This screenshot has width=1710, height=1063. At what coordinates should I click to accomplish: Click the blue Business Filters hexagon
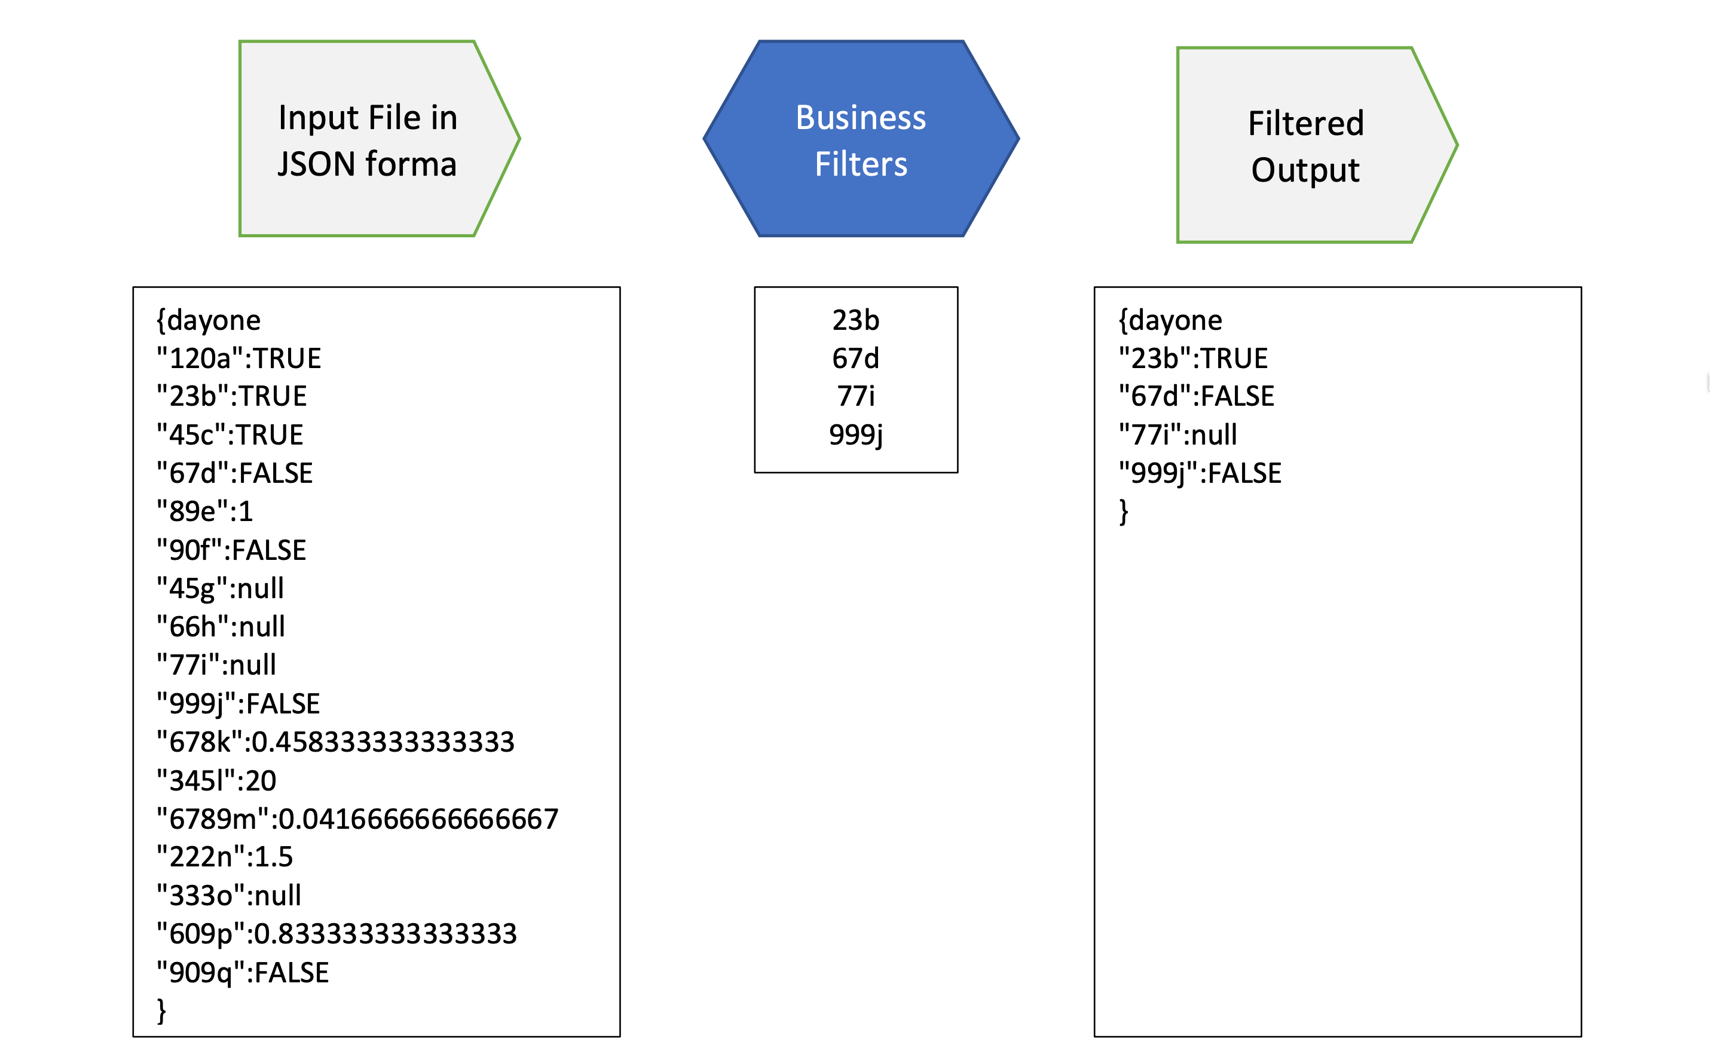pyautogui.click(x=861, y=139)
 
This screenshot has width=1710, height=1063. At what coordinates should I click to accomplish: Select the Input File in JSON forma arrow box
pyautogui.click(x=367, y=139)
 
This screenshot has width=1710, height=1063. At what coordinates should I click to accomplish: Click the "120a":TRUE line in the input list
pyautogui.click(x=238, y=359)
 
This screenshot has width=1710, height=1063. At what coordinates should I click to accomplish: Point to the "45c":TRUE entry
pyautogui.click(x=230, y=435)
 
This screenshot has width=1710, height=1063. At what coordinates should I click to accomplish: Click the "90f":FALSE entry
pyautogui.click(x=231, y=550)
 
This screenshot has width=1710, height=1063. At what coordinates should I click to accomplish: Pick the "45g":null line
pyautogui.click(x=220, y=589)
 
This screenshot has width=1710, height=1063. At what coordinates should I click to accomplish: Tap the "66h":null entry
pyautogui.click(x=221, y=626)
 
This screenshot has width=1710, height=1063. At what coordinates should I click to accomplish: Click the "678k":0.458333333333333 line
pyautogui.click(x=335, y=742)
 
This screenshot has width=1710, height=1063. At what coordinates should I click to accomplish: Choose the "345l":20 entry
pyautogui.click(x=216, y=781)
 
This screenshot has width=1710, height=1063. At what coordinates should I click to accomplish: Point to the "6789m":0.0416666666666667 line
pyautogui.click(x=357, y=819)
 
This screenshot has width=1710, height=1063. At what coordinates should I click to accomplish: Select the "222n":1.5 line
pyautogui.click(x=224, y=857)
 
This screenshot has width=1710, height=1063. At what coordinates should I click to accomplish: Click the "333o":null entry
pyautogui.click(x=228, y=896)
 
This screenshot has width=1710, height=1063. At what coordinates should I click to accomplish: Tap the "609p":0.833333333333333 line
pyautogui.click(x=337, y=934)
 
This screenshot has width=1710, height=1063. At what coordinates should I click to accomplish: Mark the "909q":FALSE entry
pyautogui.click(x=243, y=973)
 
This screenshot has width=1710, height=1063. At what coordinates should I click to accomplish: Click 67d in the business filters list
pyautogui.click(x=856, y=359)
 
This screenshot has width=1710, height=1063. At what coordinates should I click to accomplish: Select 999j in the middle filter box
pyautogui.click(x=856, y=435)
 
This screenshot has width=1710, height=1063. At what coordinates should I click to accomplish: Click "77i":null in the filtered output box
pyautogui.click(x=1177, y=435)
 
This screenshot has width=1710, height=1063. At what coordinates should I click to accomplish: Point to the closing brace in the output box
pyautogui.click(x=1124, y=512)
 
